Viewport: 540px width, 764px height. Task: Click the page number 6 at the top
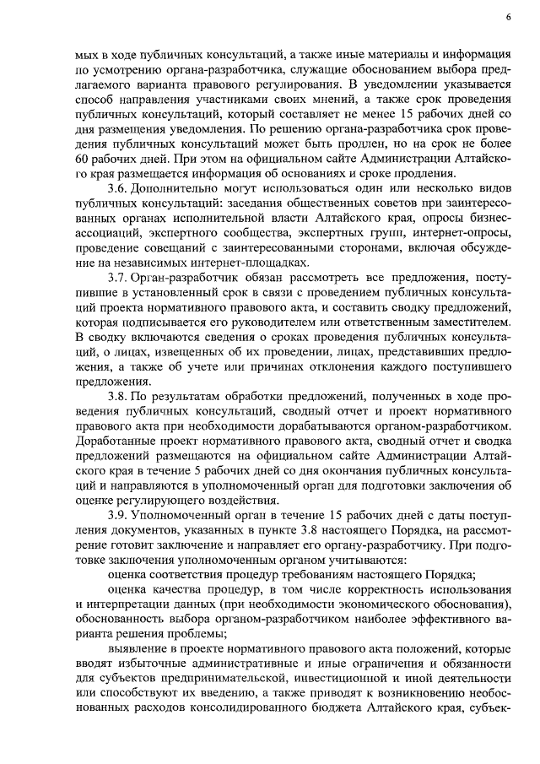click(x=510, y=16)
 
